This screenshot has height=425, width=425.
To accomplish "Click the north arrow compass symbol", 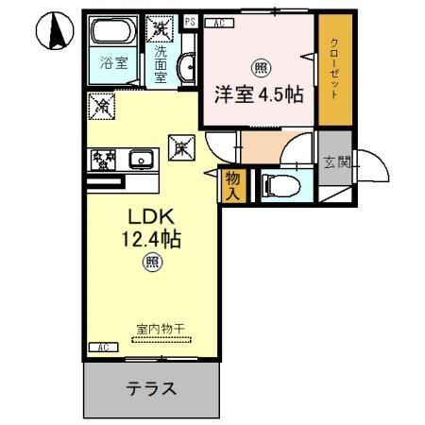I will pos(55,33).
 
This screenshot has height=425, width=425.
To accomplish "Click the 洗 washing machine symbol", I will pos(162,28).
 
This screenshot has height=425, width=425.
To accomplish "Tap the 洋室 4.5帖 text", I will pos(256,94).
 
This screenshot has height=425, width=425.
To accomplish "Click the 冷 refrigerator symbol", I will pos(102,108).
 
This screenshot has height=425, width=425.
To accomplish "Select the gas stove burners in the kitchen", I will pos(103,160).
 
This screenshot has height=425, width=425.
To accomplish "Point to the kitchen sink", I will pos(143,160).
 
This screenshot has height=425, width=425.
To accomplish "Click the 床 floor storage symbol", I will pos(179,146).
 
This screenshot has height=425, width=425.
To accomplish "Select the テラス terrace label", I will pos(151,387).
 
